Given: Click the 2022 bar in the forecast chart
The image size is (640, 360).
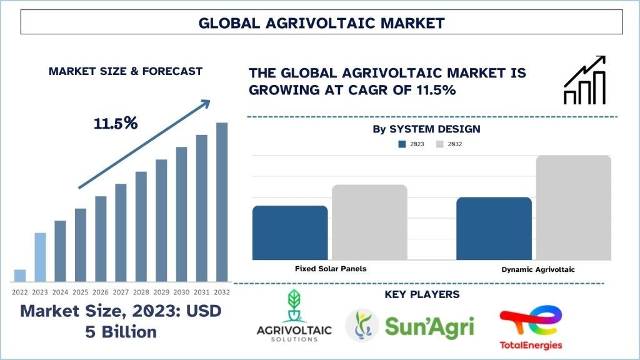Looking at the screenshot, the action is pyautogui.click(x=19, y=276).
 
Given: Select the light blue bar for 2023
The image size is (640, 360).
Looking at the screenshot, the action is pyautogui.click(x=40, y=257).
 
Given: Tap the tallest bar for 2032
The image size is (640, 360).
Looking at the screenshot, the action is pyautogui.click(x=222, y=202).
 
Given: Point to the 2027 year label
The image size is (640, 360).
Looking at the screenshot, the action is pyautogui.click(x=121, y=292).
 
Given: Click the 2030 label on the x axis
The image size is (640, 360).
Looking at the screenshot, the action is pyautogui.click(x=181, y=292).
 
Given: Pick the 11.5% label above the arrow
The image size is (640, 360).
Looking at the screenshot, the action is pyautogui.click(x=116, y=123).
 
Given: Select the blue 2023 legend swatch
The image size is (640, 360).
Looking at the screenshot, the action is pyautogui.click(x=402, y=144).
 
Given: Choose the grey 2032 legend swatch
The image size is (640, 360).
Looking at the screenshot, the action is pyautogui.click(x=439, y=144).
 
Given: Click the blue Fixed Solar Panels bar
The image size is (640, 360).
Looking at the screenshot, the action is pyautogui.click(x=290, y=232).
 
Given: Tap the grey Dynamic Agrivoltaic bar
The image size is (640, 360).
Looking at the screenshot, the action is pyautogui.click(x=574, y=207).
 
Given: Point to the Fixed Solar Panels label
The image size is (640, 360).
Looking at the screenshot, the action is pyautogui.click(x=331, y=269).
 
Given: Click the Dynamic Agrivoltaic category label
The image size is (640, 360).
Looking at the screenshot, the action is pyautogui.click(x=538, y=269).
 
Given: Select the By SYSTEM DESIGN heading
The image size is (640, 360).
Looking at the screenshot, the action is pyautogui.click(x=426, y=129).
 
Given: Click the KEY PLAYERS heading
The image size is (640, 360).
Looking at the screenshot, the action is pyautogui.click(x=422, y=294).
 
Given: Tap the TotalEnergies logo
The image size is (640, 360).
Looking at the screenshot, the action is pyautogui.click(x=531, y=329).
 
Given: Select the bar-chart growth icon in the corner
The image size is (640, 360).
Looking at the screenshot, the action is pyautogui.click(x=584, y=80).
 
